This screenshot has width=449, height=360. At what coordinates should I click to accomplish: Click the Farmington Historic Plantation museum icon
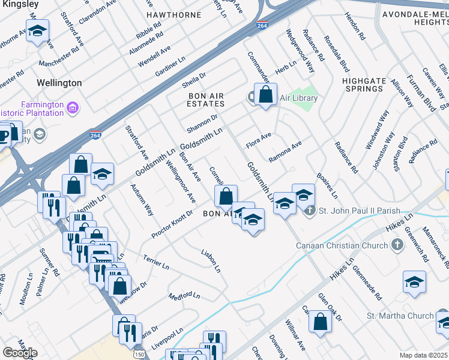pyautogui.click(x=73, y=109)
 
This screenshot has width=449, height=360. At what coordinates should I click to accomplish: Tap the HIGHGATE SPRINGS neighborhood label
pyautogui.click(x=363, y=85)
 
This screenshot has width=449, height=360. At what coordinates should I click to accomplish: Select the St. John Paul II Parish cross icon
pyautogui.click(x=309, y=211)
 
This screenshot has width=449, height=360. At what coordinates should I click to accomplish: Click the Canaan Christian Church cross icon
pyautogui.click(x=396, y=245)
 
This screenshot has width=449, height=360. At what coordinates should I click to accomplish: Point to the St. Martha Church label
pyautogui.click(x=400, y=316)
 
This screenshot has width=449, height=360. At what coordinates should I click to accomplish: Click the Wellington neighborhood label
pyautogui.click(x=59, y=83)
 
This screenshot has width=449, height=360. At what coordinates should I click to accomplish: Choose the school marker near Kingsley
pyautogui.click(x=38, y=31)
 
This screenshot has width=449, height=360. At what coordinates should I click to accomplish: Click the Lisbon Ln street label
pyautogui.click(x=210, y=261)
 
